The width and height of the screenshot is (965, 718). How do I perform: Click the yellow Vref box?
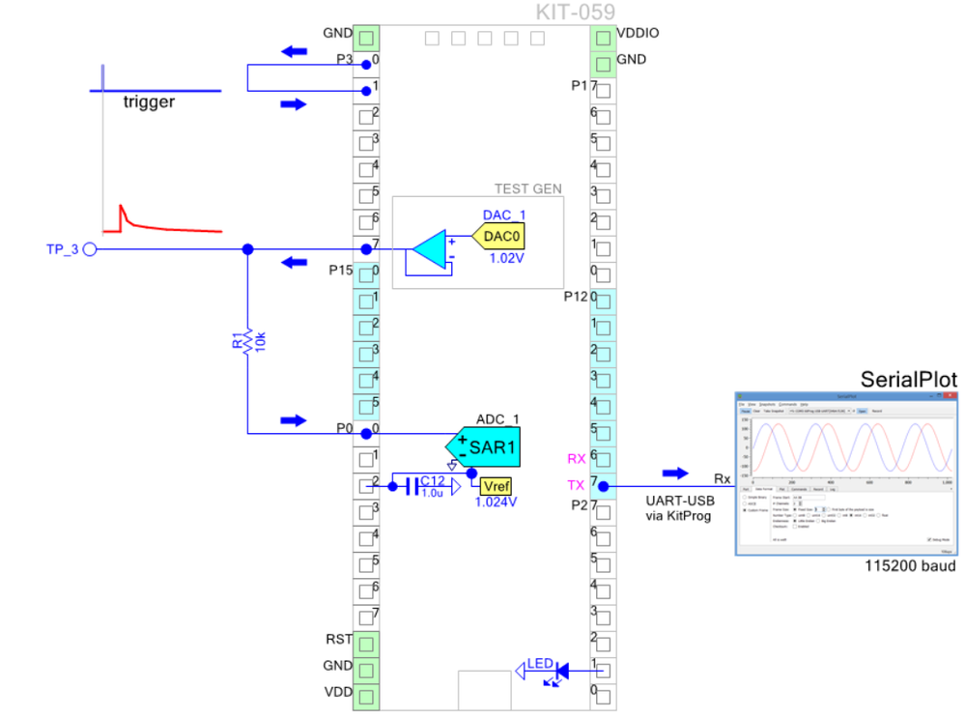(496, 485)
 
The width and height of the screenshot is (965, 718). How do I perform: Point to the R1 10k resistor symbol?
(247, 341)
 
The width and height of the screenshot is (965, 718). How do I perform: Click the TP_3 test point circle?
(89, 249)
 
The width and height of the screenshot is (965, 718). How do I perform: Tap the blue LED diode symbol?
(560, 668)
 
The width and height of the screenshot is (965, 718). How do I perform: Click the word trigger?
(149, 102)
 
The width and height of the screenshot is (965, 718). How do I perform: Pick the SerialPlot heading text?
(908, 379)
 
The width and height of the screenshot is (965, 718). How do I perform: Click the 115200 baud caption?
(910, 566)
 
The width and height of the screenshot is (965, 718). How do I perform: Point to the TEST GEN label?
(527, 189)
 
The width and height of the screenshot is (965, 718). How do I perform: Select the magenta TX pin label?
(577, 485)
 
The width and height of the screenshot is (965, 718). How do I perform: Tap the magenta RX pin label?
(577, 459)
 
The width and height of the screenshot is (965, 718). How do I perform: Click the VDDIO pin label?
(638, 33)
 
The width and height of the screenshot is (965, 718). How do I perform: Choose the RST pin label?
(339, 639)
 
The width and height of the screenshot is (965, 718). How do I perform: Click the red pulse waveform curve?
(164, 226)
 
